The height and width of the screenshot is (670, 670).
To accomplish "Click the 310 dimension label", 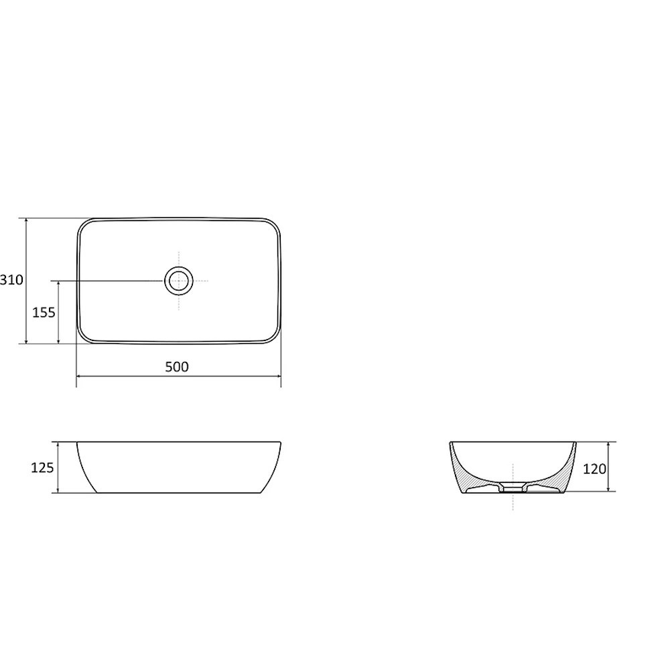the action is [11, 280].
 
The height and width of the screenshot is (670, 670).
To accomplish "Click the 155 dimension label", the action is [44, 313].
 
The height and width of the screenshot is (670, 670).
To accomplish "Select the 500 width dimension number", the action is [177, 366].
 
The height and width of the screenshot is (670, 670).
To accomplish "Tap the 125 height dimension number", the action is [43, 468].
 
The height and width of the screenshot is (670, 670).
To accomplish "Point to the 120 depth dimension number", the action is [595, 469].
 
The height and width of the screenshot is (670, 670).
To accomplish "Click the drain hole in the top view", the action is [179, 281].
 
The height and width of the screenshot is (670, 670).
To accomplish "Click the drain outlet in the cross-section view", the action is [513, 488].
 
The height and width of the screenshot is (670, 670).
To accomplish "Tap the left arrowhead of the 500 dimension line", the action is [79, 376].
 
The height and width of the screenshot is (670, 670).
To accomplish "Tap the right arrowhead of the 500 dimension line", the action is [278, 376].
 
